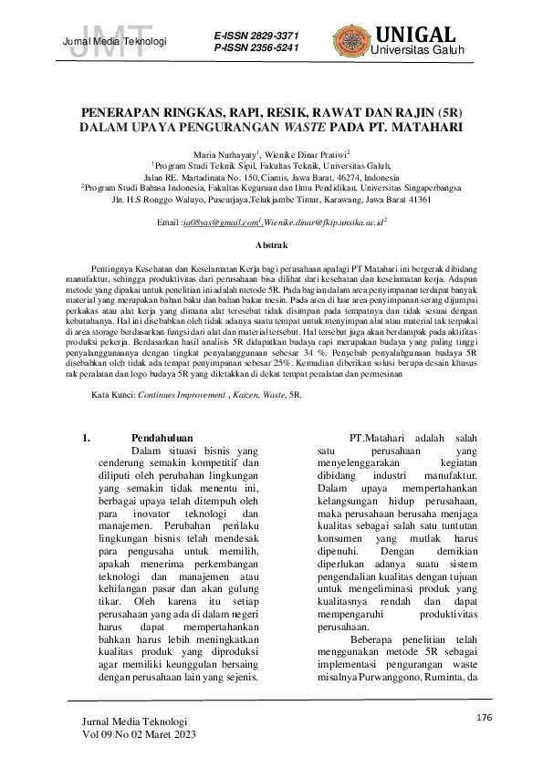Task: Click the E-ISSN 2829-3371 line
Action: [255, 34]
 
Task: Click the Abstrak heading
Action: [271, 246]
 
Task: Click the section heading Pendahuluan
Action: [162, 438]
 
